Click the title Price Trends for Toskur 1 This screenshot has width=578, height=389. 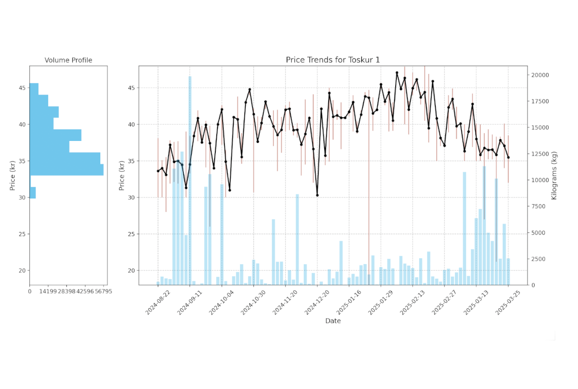333,60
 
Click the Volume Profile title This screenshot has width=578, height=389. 68,60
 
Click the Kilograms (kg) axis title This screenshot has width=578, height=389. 554,175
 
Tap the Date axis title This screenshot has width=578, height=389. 333,321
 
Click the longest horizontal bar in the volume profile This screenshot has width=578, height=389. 66,170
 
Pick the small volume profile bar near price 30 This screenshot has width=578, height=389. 33,193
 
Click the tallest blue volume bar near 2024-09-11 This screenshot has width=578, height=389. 190,178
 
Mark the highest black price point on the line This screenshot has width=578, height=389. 397,73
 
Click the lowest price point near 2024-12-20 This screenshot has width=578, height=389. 317,195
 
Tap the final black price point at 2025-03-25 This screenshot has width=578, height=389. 508,157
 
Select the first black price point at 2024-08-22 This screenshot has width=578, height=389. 158,171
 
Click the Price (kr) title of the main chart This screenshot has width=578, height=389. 122,175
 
